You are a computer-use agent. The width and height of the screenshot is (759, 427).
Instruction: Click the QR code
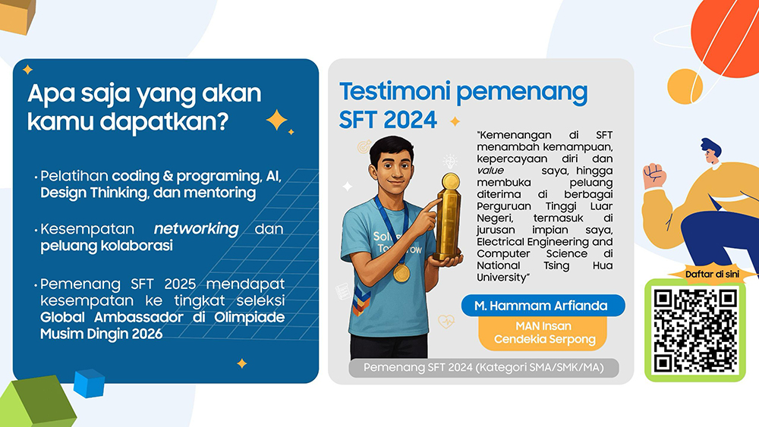click(x=695, y=331)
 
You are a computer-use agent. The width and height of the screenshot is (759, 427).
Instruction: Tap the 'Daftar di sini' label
click(x=712, y=275)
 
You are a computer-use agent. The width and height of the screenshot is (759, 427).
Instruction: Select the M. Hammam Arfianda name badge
click(x=543, y=306)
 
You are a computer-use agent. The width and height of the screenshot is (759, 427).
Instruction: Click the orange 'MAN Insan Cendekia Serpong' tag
click(x=543, y=333)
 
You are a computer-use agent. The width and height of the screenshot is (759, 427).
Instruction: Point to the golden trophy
click(x=449, y=218)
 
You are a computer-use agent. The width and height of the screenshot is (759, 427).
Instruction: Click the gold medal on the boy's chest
click(x=402, y=273)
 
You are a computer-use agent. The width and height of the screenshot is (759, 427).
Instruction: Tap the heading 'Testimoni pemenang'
click(x=463, y=93)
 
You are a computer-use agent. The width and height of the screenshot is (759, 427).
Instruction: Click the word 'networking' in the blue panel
click(x=196, y=229)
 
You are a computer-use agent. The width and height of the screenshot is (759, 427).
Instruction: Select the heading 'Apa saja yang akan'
click(x=144, y=93)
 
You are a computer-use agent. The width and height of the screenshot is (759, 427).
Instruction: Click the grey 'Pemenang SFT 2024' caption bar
click(x=483, y=368)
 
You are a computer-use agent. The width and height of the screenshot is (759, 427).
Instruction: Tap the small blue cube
click(x=89, y=383)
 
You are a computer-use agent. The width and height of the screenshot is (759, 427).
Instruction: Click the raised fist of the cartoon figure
click(x=653, y=175)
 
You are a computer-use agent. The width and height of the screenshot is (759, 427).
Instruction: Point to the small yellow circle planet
click(x=685, y=86)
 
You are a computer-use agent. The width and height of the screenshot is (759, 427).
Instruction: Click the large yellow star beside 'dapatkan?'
click(x=276, y=120)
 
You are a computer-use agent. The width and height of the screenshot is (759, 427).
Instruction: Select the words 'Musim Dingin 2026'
click(x=101, y=334)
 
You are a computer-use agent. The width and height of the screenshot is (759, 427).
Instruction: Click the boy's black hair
click(x=391, y=147)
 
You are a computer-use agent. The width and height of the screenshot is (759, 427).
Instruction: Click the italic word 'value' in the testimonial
click(x=490, y=171)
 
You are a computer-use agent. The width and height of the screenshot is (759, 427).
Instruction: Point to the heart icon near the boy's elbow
click(x=446, y=321)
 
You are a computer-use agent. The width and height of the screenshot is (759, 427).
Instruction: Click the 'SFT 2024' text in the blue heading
click(x=388, y=120)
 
